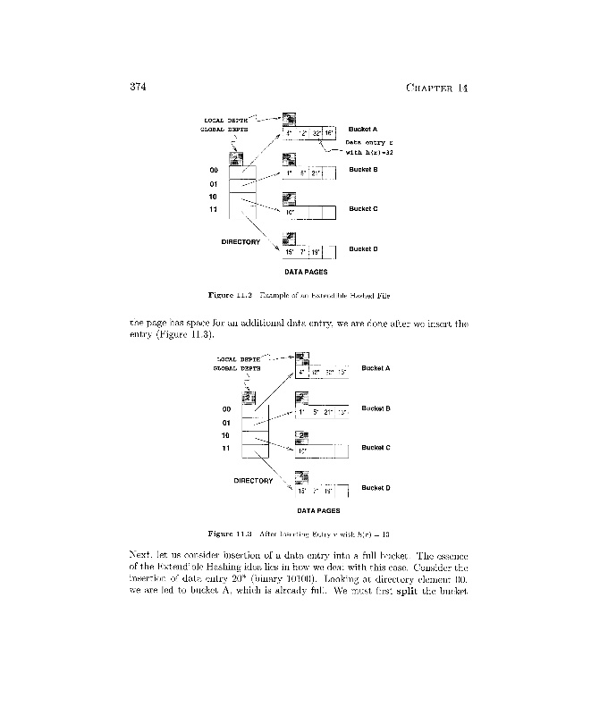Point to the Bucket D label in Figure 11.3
click(x=376, y=488)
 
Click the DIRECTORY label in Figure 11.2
click(x=241, y=242)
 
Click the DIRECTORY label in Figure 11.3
click(x=253, y=481)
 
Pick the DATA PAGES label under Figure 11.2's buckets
click(x=306, y=272)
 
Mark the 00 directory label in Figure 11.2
click(x=214, y=170)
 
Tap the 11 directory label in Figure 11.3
click(x=226, y=448)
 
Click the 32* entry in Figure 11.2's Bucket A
click(x=317, y=133)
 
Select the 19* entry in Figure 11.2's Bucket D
click(x=316, y=253)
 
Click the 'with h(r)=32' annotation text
click(x=370, y=153)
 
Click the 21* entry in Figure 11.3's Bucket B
click(x=329, y=413)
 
